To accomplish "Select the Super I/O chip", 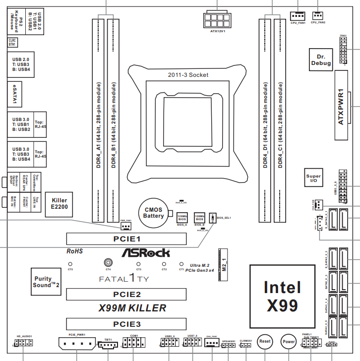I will [313, 179].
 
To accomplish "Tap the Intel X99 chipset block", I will [282, 296].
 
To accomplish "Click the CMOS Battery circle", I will [153, 212].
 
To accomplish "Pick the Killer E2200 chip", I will [59, 204].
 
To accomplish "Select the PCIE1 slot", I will [126, 239].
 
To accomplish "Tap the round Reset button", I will [265, 341].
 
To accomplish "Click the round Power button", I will [289, 341].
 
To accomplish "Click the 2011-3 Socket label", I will [188, 75].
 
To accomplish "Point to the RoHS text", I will [74, 252].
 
